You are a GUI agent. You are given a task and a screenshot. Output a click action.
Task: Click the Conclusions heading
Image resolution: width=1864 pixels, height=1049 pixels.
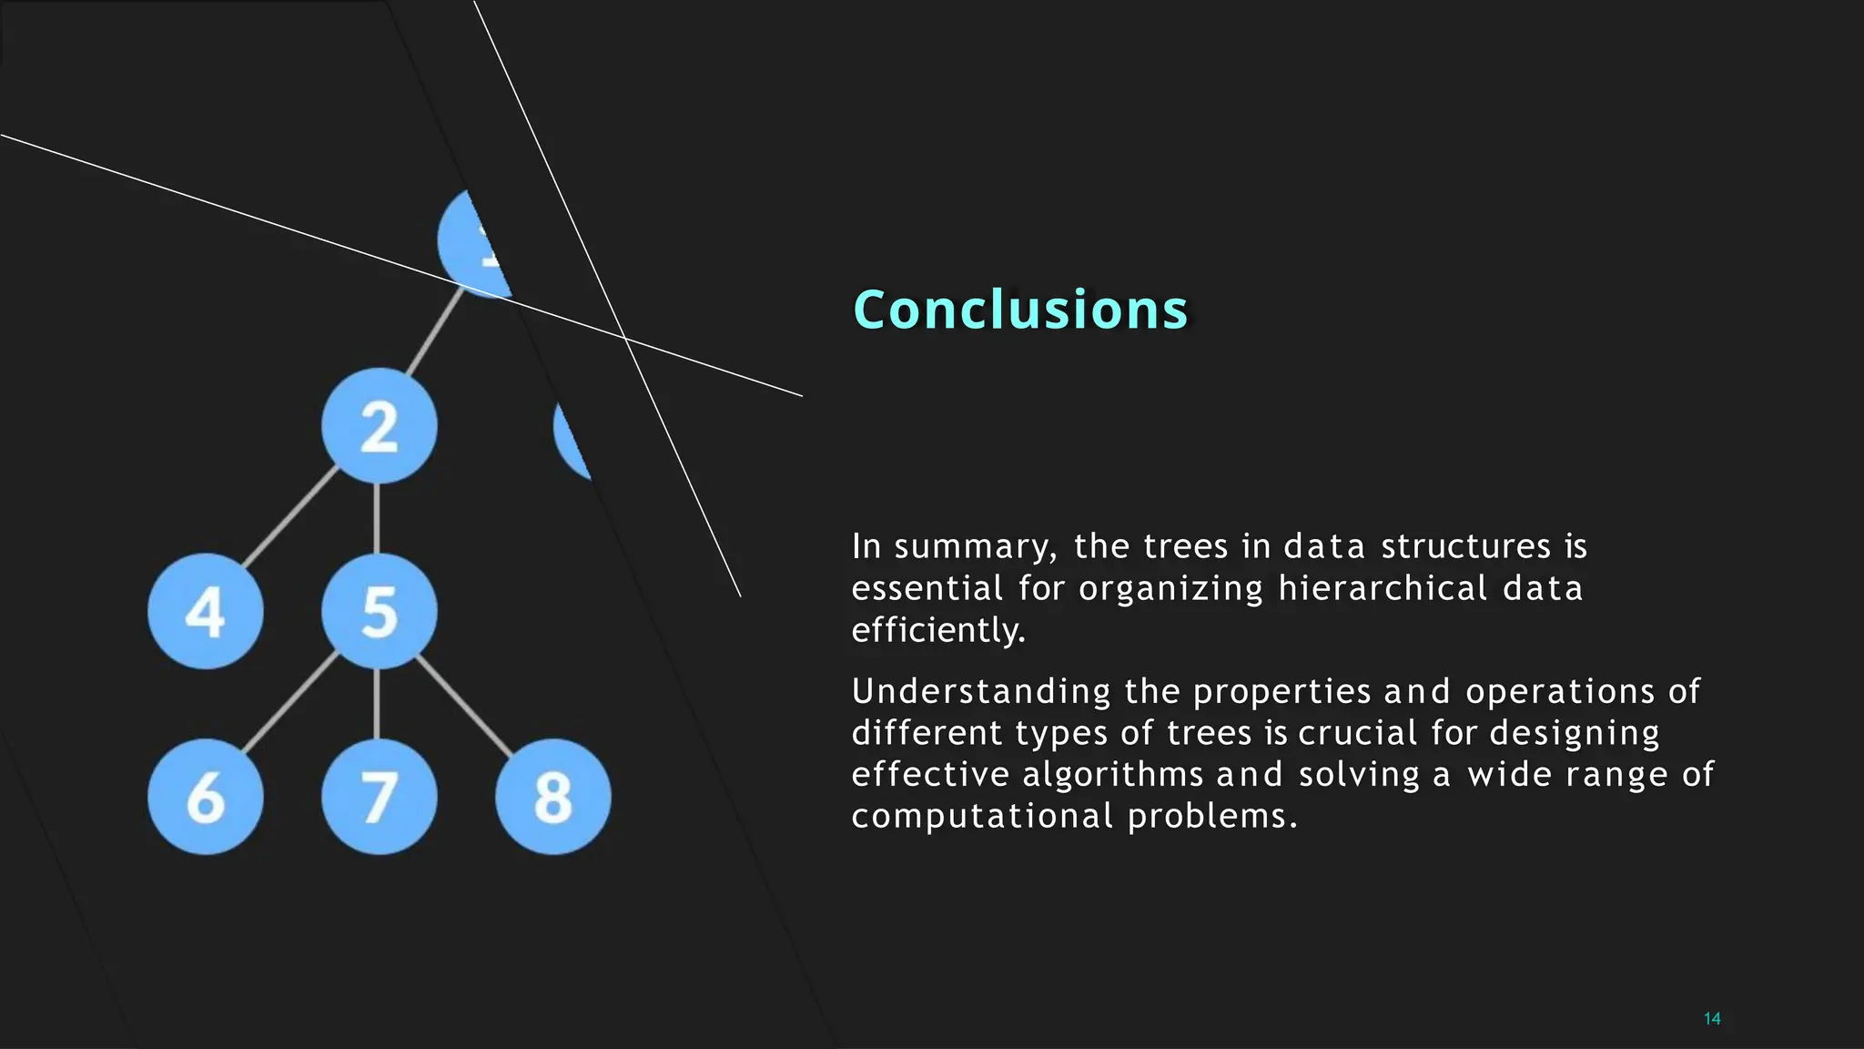click(1020, 310)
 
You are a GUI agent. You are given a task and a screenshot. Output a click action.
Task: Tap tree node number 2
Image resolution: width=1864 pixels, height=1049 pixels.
click(379, 426)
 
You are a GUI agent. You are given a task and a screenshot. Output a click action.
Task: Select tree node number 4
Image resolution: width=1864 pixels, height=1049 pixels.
click(206, 611)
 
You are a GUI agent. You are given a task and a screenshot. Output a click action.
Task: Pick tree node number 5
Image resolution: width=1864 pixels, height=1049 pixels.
click(379, 611)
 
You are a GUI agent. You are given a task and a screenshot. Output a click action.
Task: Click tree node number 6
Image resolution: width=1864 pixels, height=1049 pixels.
click(206, 797)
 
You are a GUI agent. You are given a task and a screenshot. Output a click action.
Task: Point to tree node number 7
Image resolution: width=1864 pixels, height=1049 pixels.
click(379, 797)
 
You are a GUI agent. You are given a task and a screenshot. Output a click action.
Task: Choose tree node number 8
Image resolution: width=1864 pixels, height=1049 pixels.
click(552, 797)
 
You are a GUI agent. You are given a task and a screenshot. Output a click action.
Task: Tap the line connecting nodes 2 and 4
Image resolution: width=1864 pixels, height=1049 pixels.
click(289, 517)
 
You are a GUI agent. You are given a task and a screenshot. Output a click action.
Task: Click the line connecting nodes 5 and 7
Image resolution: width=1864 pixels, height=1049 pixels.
click(377, 703)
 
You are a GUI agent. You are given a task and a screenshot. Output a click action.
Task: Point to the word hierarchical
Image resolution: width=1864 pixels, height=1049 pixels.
click(1383, 588)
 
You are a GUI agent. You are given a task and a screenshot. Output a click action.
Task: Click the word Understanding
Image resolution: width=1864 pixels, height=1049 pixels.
click(981, 692)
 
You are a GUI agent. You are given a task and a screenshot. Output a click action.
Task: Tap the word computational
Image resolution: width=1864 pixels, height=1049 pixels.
click(982, 816)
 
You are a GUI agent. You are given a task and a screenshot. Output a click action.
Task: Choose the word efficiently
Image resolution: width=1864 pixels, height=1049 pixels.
click(938, 630)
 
